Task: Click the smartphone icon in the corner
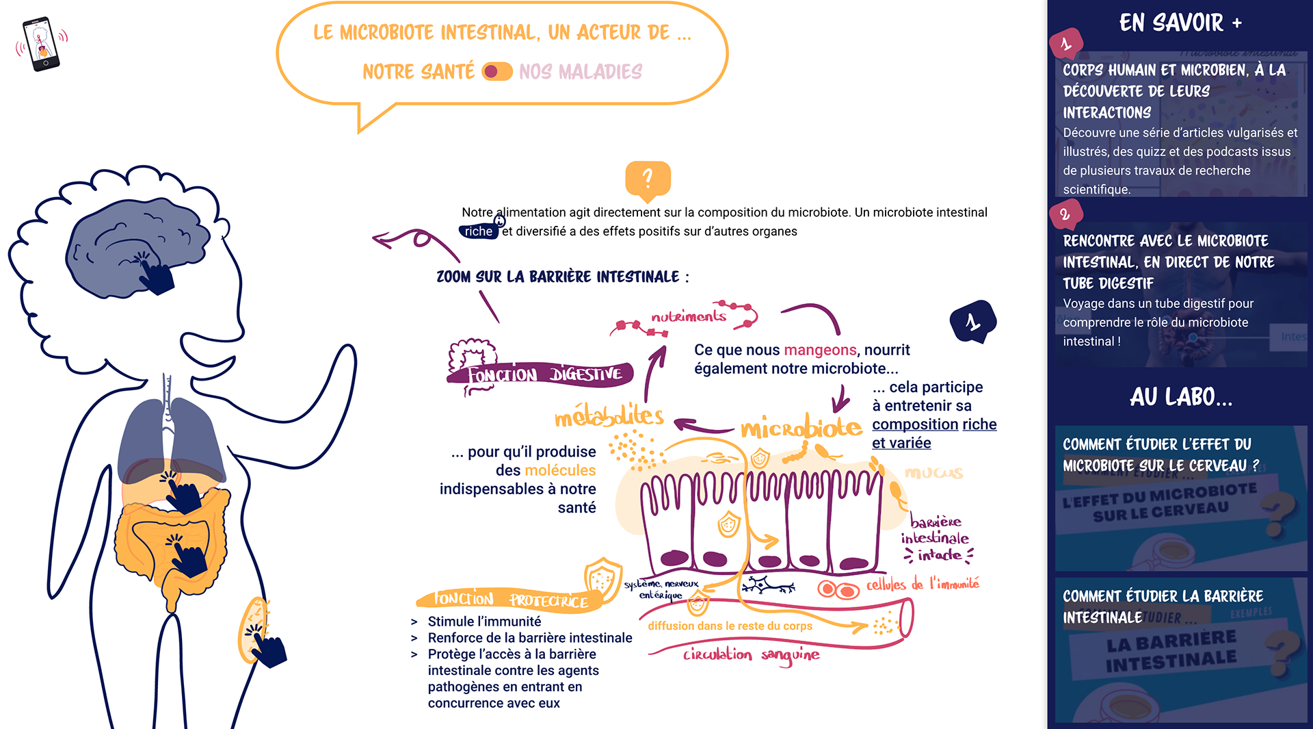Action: (x=42, y=44)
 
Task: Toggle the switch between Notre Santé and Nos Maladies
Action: (x=497, y=72)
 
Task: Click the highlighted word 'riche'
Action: (x=478, y=231)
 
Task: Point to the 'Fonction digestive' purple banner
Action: (x=544, y=374)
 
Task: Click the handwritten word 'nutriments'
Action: (x=688, y=316)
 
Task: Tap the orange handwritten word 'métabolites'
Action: (x=609, y=416)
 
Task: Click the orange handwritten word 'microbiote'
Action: (x=801, y=428)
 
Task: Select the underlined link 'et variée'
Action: (x=901, y=444)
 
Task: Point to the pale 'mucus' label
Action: (x=933, y=472)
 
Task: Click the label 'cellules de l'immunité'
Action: (x=923, y=585)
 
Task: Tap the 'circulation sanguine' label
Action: (x=751, y=655)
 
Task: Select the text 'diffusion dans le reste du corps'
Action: (x=730, y=626)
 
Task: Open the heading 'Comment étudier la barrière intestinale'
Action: (x=1163, y=606)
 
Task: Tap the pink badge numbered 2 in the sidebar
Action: (x=1065, y=214)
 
